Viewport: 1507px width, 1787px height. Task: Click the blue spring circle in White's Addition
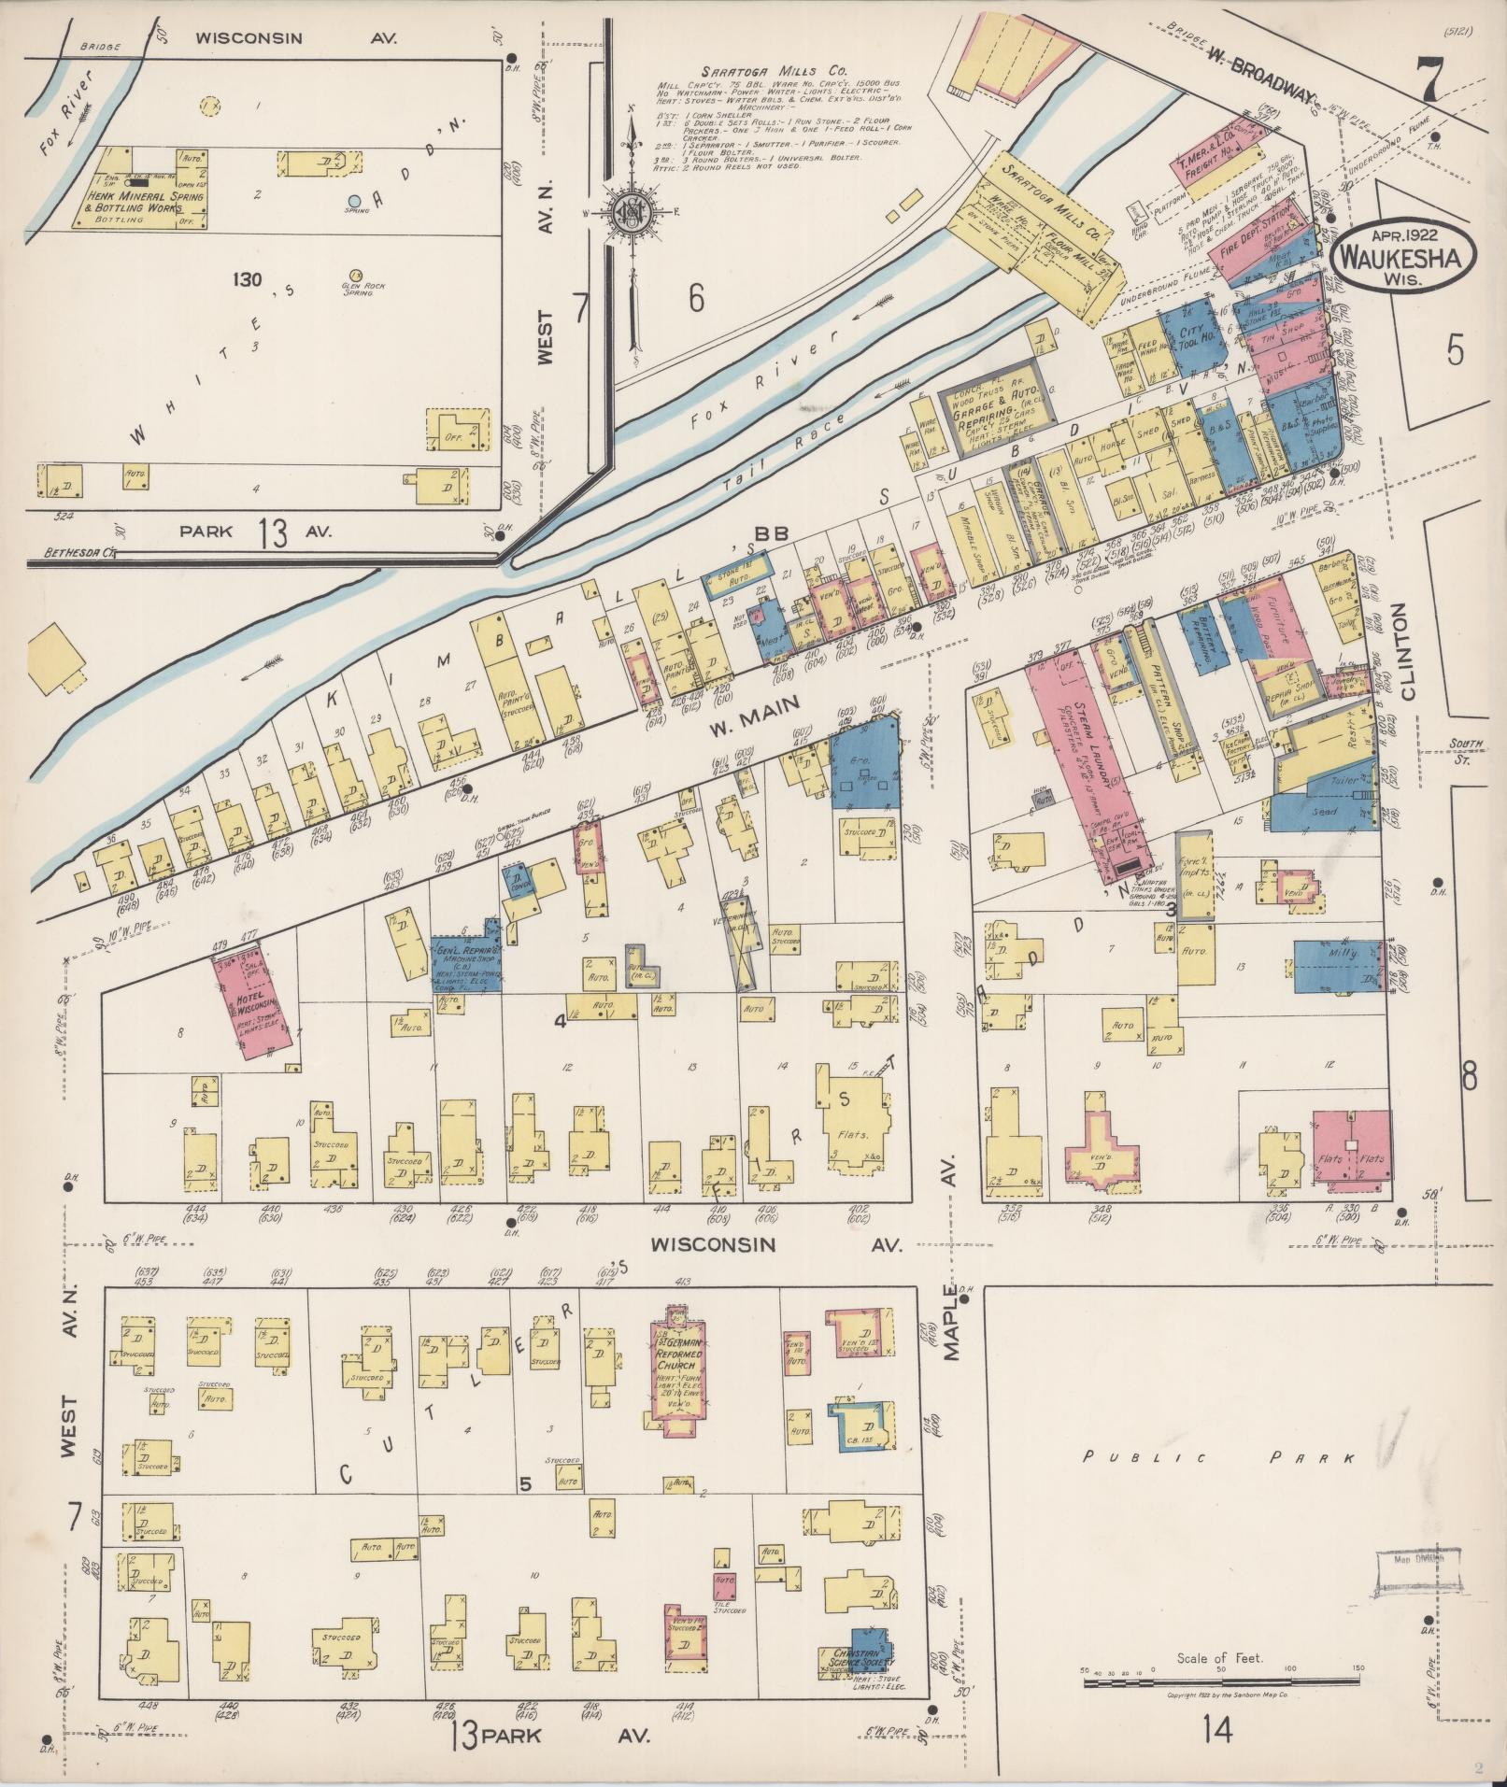[354, 201]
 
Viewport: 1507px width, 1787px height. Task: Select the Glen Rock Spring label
[357, 288]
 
